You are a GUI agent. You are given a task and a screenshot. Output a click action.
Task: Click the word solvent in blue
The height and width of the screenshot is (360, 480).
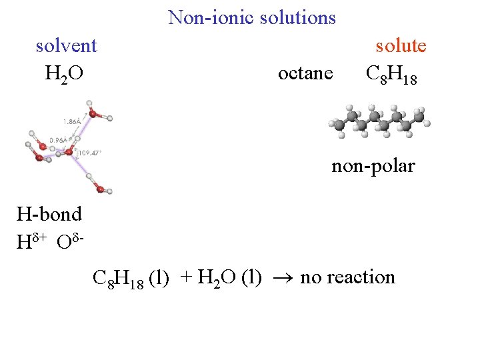coord(66,46)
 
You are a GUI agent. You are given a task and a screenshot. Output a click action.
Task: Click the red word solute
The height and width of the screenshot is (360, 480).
coord(401,46)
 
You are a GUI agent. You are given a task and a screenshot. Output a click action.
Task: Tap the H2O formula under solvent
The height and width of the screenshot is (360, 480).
coord(64,73)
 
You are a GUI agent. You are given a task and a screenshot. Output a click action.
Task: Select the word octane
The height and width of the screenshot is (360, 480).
coord(305,73)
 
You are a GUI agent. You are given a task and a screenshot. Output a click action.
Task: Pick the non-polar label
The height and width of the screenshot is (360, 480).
coord(373,165)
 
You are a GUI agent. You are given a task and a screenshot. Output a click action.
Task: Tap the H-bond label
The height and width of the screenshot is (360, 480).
coord(49,214)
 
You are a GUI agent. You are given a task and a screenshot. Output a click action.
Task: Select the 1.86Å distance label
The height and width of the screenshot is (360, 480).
coord(73,122)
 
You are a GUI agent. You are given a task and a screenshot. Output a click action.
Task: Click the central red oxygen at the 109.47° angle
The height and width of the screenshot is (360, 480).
coord(68,153)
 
